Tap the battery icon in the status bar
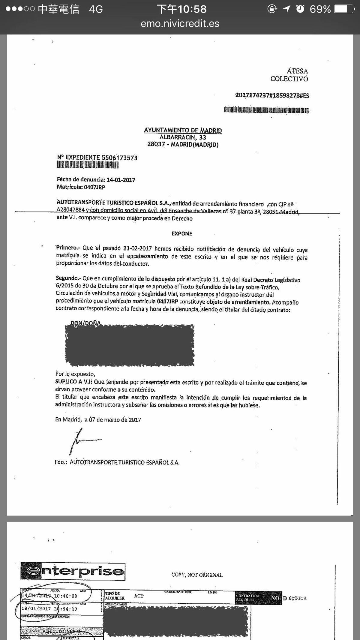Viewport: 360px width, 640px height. coord(344,9)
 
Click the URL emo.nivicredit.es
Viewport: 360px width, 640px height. coord(180,23)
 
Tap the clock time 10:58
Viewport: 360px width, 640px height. coord(192,9)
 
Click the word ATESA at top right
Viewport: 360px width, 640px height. coord(297,71)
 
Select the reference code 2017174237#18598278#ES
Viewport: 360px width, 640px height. coord(272,95)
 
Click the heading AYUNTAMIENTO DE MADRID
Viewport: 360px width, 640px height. coord(183,130)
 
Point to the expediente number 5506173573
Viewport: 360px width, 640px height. coord(119,158)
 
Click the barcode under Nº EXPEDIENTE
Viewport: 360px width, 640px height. coord(88,165)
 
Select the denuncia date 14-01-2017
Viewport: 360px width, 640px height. coord(121,180)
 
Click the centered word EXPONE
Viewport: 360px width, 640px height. coord(182,233)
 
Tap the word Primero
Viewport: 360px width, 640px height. coord(67,248)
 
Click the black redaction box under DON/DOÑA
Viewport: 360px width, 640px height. coord(130,345)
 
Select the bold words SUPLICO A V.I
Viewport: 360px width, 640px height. coord(74,382)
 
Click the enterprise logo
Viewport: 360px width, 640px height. coord(73,571)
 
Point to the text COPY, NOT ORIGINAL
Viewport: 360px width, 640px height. coord(197,575)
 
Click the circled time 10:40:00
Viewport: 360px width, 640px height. coord(65,596)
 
